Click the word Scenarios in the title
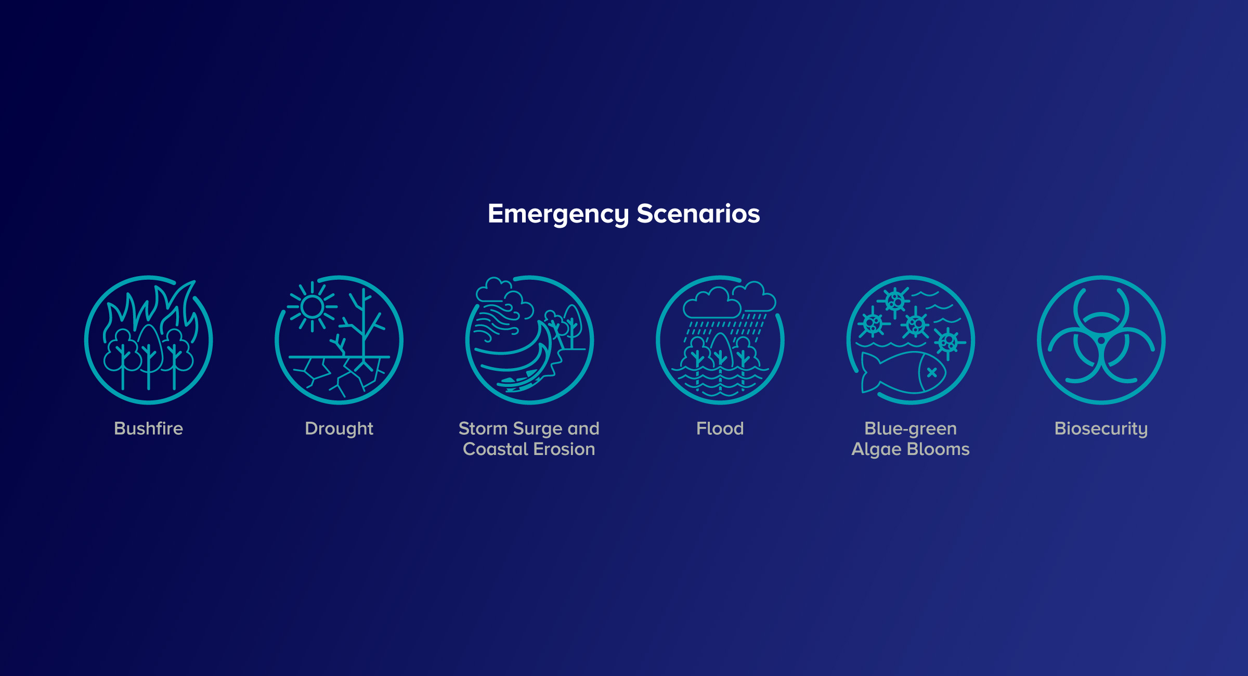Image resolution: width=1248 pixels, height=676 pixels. tap(698, 214)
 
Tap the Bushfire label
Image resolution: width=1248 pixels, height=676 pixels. tap(149, 428)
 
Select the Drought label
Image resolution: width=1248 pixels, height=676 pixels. tap(339, 429)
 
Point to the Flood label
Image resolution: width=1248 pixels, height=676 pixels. tap(720, 428)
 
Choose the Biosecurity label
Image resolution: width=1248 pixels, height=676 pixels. tap(1101, 429)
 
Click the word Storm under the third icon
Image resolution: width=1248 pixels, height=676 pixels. tap(483, 428)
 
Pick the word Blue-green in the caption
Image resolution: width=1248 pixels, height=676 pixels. tap(911, 429)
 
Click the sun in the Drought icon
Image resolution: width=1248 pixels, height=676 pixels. tap(312, 307)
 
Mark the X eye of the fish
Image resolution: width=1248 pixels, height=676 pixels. tap(932, 372)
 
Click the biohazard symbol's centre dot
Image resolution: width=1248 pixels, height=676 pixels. tap(1101, 341)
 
